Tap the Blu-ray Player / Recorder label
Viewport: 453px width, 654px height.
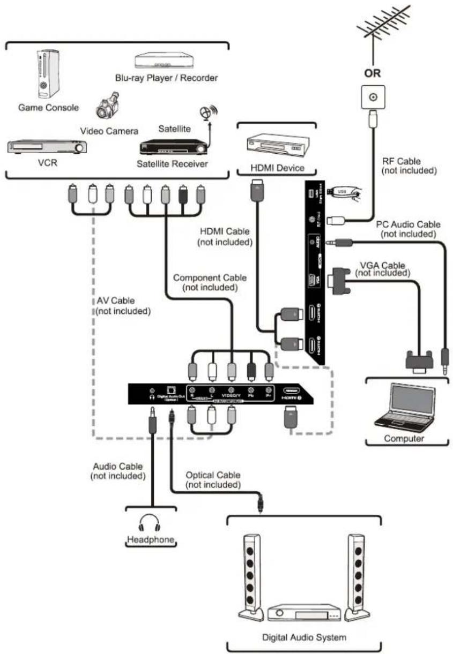point(167,78)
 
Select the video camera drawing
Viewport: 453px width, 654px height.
point(107,105)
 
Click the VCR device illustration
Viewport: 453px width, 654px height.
point(47,146)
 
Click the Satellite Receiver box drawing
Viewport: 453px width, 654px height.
point(173,147)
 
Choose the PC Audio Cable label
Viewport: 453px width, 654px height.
point(408,229)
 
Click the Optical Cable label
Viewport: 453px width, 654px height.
point(213,480)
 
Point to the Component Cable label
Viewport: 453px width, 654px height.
point(210,282)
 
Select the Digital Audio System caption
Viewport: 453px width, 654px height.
point(305,637)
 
